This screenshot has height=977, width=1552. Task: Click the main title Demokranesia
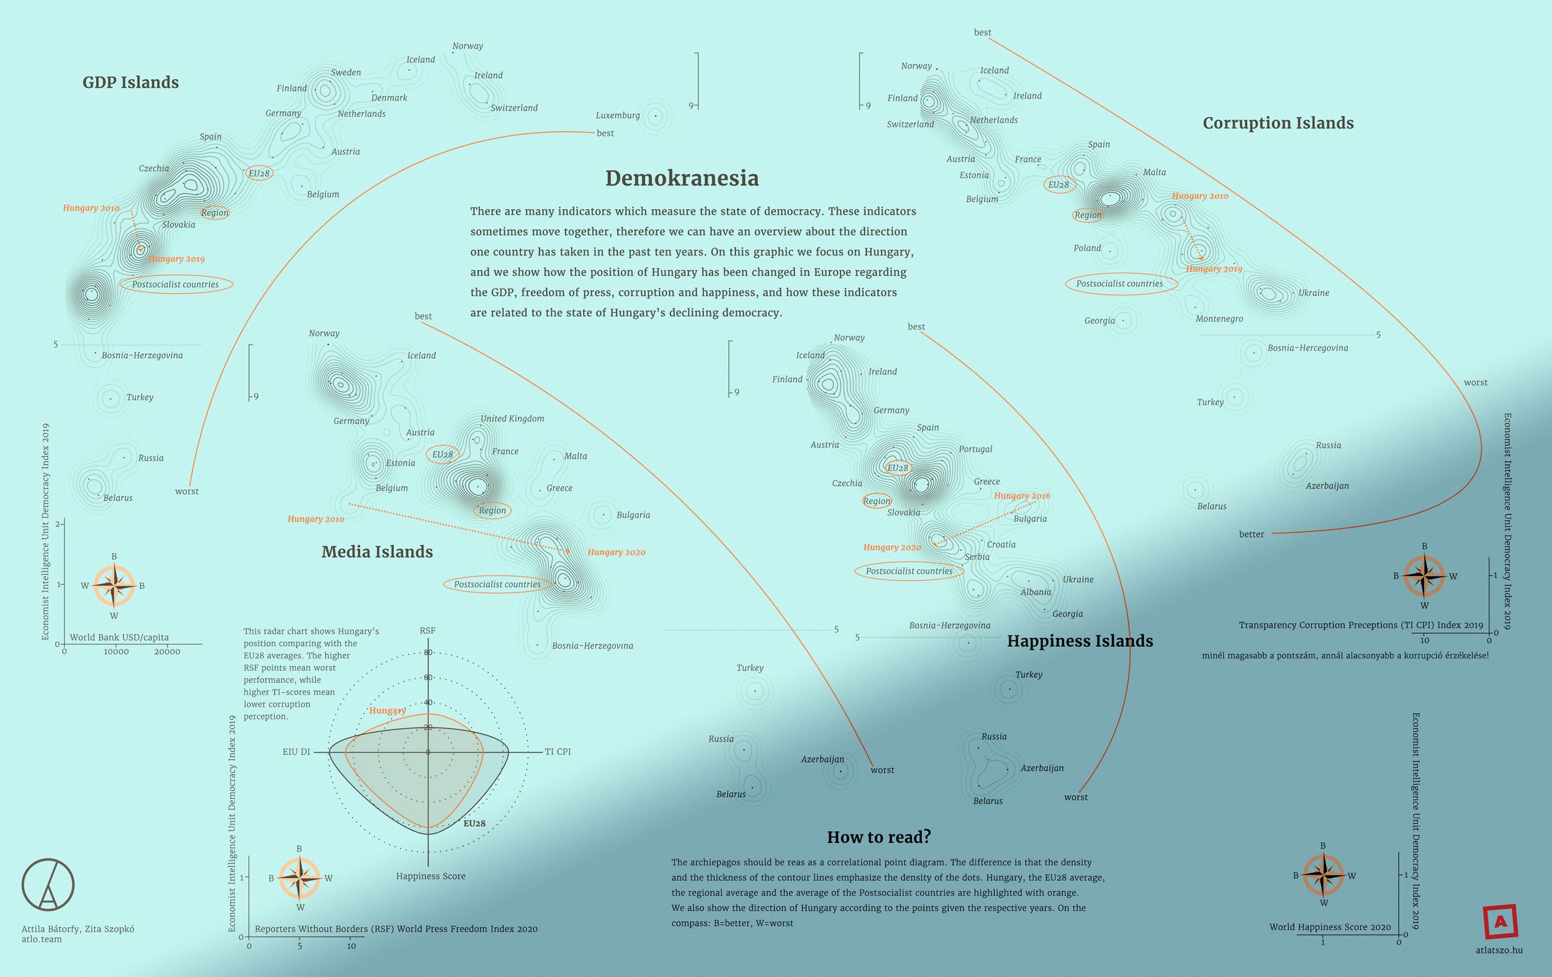tap(682, 178)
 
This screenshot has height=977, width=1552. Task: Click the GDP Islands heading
tap(131, 83)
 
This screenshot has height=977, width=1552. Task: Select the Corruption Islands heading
tap(1278, 123)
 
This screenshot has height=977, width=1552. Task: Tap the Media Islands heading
tap(377, 552)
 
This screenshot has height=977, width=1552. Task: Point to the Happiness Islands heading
tap(1080, 641)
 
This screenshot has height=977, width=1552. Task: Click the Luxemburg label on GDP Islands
tap(618, 115)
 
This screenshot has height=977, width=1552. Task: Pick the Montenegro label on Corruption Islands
tap(1219, 319)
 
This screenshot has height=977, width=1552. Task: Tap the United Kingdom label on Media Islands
tap(512, 419)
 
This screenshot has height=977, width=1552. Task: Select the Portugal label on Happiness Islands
tap(975, 449)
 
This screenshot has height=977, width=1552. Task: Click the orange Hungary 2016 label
tap(1022, 495)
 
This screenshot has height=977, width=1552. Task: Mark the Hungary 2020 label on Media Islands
tap(616, 552)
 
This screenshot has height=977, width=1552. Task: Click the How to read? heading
tap(878, 837)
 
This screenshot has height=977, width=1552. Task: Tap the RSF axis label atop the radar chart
tap(427, 631)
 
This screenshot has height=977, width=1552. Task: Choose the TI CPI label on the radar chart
tap(557, 752)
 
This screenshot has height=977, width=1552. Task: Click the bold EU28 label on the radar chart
tap(474, 824)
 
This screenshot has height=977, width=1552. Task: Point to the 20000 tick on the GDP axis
tap(167, 652)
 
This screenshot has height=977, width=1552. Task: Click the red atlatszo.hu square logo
tap(1500, 922)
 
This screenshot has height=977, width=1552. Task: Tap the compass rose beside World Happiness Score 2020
tap(1323, 875)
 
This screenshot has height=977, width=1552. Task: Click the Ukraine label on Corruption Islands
tap(1314, 293)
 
